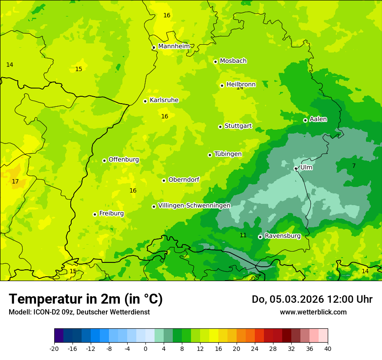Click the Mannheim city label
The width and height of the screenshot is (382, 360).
[174, 46]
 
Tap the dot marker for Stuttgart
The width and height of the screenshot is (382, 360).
[220, 127]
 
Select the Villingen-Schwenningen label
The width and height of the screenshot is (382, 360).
[194, 206]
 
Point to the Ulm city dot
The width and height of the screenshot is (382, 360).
[296, 168]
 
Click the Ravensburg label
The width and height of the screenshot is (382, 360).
[283, 236]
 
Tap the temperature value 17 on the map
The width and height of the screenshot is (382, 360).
[15, 181]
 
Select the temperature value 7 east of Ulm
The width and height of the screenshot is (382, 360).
[354, 166]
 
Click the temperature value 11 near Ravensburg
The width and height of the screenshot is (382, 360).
[243, 235]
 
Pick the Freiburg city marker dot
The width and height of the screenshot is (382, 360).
[95, 214]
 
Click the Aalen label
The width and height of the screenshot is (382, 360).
[318, 119]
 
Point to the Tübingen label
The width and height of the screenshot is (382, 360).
[228, 154]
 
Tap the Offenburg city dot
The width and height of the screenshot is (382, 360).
[104, 160]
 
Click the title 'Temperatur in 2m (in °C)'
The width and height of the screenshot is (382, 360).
[86, 299]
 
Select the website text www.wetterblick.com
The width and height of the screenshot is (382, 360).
[313, 312]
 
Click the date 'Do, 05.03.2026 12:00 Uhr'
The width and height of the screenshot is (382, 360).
[312, 299]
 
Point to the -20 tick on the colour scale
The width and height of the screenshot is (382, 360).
[54, 348]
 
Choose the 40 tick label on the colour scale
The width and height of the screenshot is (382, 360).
[328, 348]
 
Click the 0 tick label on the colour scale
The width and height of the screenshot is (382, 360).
[145, 348]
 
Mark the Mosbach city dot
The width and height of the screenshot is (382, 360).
[215, 62]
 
